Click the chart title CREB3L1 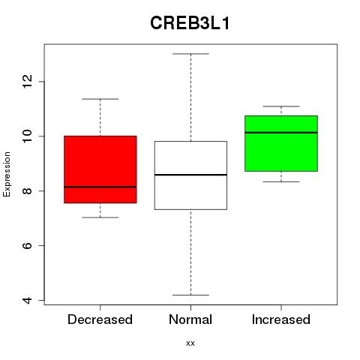(190, 23)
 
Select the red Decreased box (100, 169)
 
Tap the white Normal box (190, 175)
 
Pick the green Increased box (281, 143)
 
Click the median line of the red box (100, 187)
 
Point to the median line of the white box (190, 175)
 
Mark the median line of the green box (281, 133)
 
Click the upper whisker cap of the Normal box (190, 54)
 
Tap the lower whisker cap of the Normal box (190, 295)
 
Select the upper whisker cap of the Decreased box (100, 99)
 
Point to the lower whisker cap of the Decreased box (100, 217)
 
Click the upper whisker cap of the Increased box (281, 106)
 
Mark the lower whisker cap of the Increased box (281, 181)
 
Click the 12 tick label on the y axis (28, 82)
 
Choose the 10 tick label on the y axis (28, 136)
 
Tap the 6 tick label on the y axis (28, 245)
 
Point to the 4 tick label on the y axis (28, 300)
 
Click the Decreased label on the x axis (100, 319)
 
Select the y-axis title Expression (7, 174)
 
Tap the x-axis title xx (190, 343)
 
